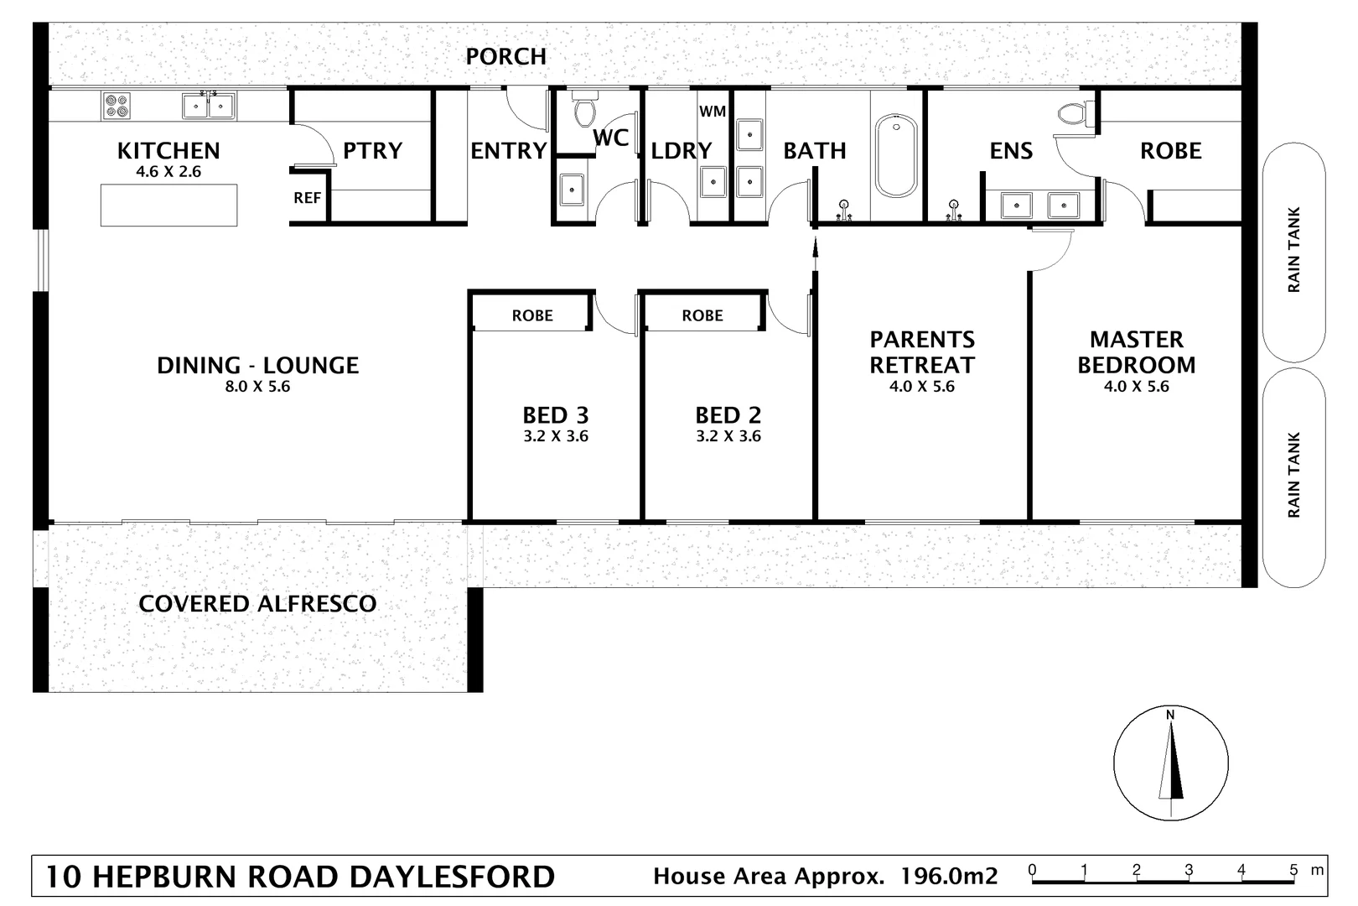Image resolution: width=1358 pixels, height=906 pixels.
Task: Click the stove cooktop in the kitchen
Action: (117, 106)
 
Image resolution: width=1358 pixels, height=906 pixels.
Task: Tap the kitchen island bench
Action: (168, 206)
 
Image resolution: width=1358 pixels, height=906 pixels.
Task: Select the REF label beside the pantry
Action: (307, 198)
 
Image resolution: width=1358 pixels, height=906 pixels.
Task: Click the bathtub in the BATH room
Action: (895, 156)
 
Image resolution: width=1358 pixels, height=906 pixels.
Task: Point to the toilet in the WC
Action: (583, 111)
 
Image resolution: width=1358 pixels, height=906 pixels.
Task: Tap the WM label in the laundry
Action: (713, 111)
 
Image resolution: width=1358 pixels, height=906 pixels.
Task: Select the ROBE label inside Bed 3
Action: (532, 315)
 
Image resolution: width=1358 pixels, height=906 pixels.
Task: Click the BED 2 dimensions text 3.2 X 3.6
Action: (728, 436)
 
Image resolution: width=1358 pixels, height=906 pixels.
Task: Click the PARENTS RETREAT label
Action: (922, 352)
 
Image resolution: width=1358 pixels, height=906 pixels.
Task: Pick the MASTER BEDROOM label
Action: (1136, 352)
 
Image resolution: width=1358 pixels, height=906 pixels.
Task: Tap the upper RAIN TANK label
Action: (1294, 250)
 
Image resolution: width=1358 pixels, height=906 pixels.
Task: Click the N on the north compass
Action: (1170, 715)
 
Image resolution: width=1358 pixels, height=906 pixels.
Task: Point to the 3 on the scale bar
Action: (1189, 869)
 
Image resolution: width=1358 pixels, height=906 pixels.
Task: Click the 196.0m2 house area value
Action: (949, 877)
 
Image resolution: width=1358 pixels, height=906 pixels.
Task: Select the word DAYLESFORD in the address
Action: (452, 877)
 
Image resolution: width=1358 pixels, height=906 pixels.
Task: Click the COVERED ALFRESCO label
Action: (257, 604)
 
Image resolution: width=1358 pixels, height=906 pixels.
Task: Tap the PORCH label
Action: (505, 56)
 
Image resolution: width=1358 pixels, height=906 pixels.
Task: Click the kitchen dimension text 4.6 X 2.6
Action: (168, 172)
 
